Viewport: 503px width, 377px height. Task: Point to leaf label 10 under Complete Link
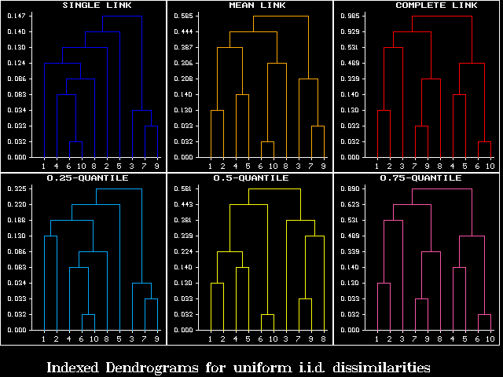490,167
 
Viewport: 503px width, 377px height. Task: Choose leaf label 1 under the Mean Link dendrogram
211,167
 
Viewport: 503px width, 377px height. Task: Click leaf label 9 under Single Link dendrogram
157,167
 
